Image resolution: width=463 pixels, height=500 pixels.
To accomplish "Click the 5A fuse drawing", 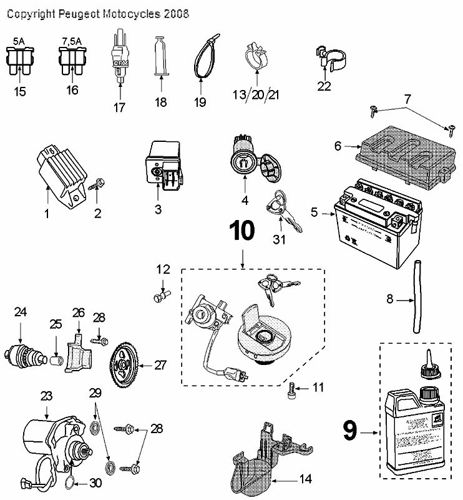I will coord(19,62).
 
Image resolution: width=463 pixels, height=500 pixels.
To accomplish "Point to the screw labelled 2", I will coord(98,185).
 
